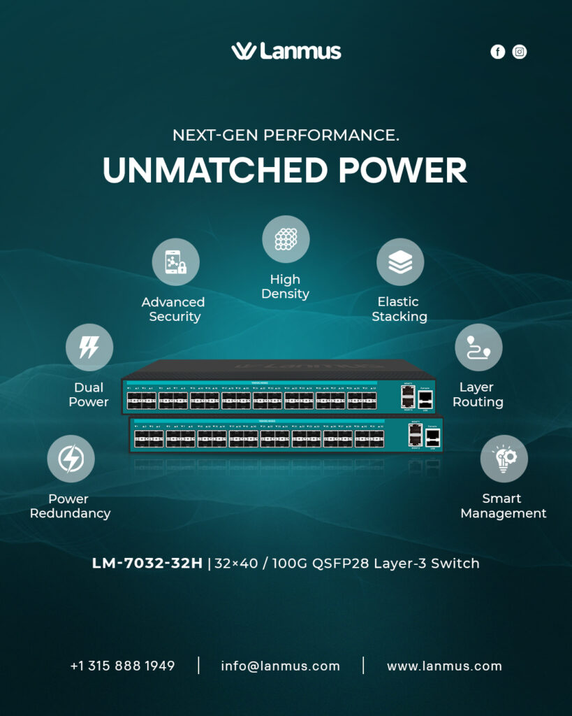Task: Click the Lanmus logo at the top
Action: click(286, 51)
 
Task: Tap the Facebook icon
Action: click(497, 52)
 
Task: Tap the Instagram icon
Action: click(520, 52)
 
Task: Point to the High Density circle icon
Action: click(286, 239)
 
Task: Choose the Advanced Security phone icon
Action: click(176, 262)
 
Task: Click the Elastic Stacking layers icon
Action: click(400, 262)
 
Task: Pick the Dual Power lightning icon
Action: click(89, 348)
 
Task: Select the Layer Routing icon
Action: click(478, 348)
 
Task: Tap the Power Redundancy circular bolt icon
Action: click(71, 459)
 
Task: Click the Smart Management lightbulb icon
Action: click(504, 459)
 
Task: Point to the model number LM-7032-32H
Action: click(147, 564)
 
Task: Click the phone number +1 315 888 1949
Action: click(122, 666)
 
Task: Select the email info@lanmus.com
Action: click(280, 666)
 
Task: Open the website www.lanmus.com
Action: click(444, 666)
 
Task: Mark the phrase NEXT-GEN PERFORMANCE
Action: click(286, 135)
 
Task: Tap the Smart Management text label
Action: click(503, 506)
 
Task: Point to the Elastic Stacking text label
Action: click(399, 309)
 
